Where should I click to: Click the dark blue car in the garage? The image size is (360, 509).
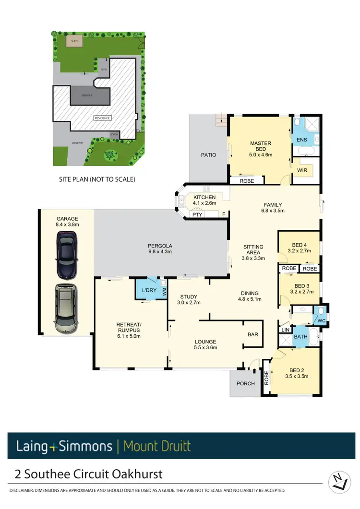67,255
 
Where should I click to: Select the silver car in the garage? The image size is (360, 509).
65,308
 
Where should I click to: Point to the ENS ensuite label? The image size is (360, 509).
302,140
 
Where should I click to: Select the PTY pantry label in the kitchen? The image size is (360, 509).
197,214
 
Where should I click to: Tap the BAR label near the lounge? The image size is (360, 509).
252,334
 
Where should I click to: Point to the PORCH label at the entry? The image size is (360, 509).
245,383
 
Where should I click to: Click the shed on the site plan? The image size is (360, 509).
74,41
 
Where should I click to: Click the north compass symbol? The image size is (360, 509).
339,482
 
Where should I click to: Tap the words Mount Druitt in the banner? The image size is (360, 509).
157,446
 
